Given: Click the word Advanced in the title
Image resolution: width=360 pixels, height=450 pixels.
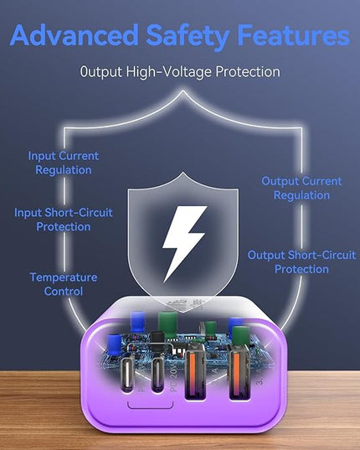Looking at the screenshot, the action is (x=75, y=35).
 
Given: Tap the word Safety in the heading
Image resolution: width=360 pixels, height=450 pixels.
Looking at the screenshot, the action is (x=188, y=37).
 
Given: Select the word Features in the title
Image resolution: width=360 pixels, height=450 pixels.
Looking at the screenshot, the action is (x=294, y=35).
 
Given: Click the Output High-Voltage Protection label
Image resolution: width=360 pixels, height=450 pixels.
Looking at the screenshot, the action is (x=180, y=71).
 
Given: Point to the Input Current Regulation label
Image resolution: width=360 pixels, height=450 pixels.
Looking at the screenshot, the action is (x=64, y=163).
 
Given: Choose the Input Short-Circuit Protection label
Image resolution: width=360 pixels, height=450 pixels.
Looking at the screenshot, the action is (x=64, y=220).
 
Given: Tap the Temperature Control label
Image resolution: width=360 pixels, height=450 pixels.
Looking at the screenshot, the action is (x=64, y=284).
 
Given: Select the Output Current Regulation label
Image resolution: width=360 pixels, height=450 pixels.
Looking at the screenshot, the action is (x=301, y=188).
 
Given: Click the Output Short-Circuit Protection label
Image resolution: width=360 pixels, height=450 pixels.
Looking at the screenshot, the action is (x=301, y=262).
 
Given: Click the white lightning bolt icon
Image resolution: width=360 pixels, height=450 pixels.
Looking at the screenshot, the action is (x=184, y=243).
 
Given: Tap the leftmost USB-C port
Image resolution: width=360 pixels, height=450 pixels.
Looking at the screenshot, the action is (x=127, y=374).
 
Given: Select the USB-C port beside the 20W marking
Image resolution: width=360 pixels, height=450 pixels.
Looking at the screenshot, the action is (x=157, y=374).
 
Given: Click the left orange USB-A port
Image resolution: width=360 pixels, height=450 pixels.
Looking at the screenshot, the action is (x=196, y=372).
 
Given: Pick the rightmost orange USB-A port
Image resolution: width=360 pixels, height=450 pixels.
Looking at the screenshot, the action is (x=240, y=372).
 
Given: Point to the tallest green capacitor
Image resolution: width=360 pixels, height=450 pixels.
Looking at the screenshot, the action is (x=167, y=324).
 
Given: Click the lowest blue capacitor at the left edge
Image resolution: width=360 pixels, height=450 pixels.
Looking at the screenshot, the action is (x=114, y=345).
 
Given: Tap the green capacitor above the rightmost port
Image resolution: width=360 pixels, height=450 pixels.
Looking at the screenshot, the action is (x=240, y=336).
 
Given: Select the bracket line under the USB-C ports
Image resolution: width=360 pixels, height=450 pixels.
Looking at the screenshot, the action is (x=150, y=406).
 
